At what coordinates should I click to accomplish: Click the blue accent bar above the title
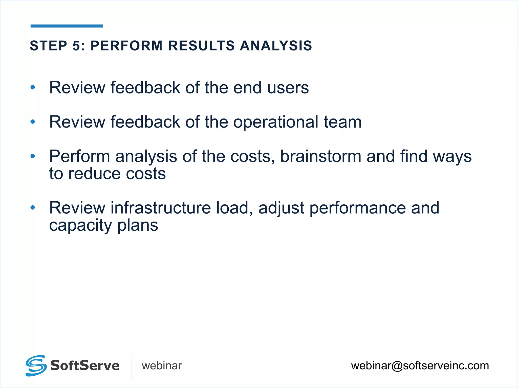click(67, 26)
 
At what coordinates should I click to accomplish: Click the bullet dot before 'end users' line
click(33, 88)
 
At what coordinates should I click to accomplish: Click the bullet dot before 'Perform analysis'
click(33, 156)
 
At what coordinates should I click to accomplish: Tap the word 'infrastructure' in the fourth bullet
click(161, 208)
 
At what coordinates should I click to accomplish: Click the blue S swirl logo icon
click(36, 366)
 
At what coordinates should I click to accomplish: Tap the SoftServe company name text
click(85, 366)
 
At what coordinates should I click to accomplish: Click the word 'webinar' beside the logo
click(162, 366)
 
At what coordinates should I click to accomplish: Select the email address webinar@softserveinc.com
click(420, 366)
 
